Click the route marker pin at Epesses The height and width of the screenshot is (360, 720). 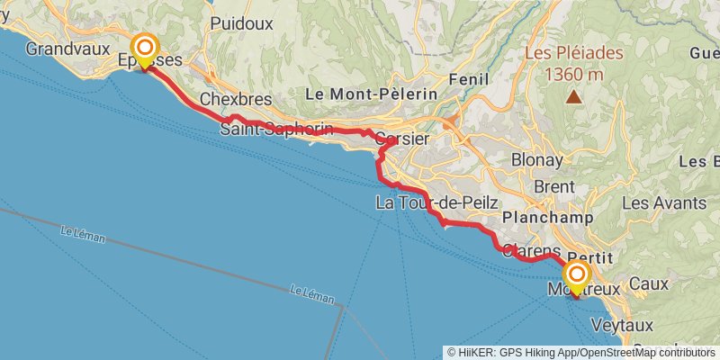pos(143,50)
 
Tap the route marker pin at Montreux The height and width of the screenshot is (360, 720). pos(576,277)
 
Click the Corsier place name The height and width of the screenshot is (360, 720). pos(399,139)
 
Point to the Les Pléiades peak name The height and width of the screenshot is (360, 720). pos(574,53)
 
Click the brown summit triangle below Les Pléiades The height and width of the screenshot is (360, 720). pos(573,97)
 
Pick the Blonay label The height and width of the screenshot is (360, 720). pos(536,160)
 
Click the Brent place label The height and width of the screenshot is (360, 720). pos(553,186)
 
